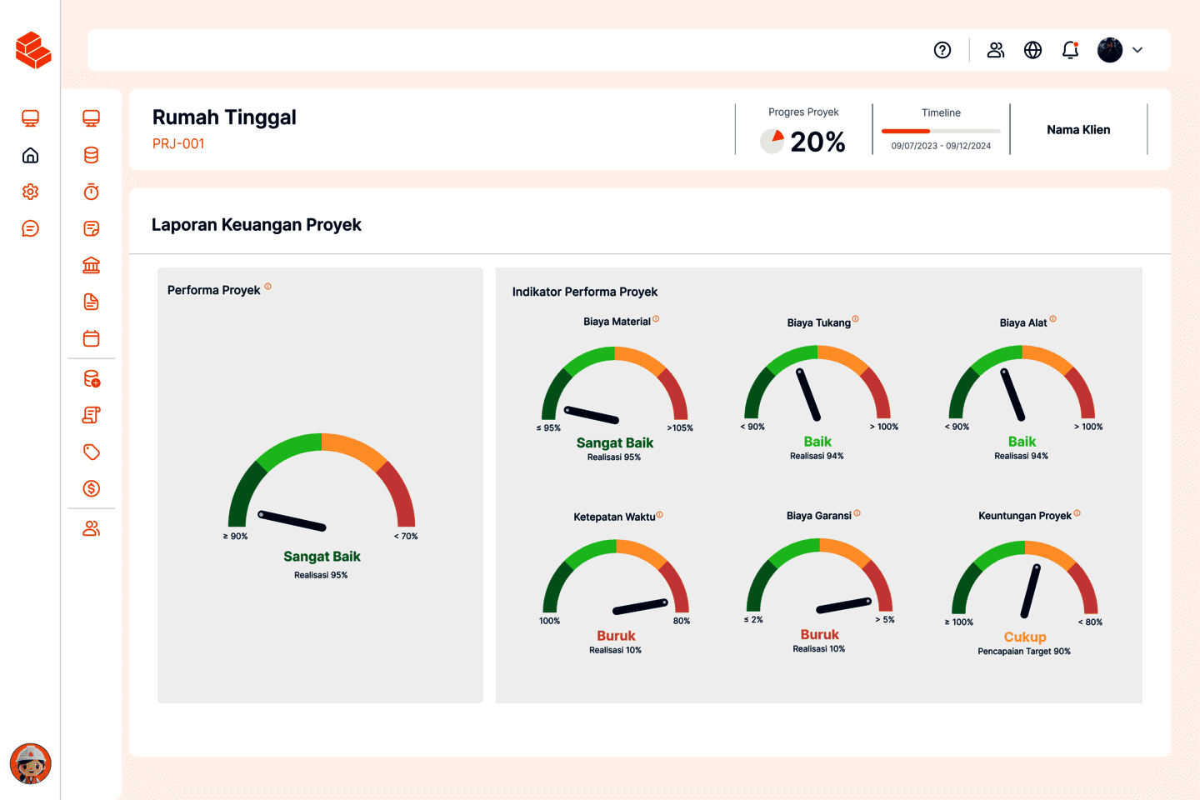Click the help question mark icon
pyautogui.click(x=942, y=50)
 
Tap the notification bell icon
pyautogui.click(x=1071, y=50)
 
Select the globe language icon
pyautogui.click(x=1032, y=50)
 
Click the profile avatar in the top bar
pyautogui.click(x=1110, y=50)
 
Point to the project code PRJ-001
pyautogui.click(x=178, y=143)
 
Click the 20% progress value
pyautogui.click(x=817, y=142)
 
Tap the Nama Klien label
pyautogui.click(x=1078, y=130)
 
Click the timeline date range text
pyautogui.click(x=941, y=146)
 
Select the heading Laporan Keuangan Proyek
pyautogui.click(x=257, y=225)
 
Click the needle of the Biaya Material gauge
pyautogui.click(x=592, y=414)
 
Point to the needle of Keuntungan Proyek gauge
pyautogui.click(x=1031, y=591)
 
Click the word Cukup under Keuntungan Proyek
pyautogui.click(x=1025, y=637)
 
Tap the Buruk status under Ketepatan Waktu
pyautogui.click(x=616, y=636)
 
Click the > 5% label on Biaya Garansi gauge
pyautogui.click(x=885, y=620)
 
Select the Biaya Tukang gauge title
pyautogui.click(x=818, y=322)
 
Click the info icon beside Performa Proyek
pyautogui.click(x=267, y=287)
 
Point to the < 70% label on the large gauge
pyautogui.click(x=406, y=537)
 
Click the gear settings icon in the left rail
pyautogui.click(x=31, y=192)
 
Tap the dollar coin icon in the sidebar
pyautogui.click(x=92, y=488)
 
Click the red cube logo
pyautogui.click(x=33, y=50)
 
